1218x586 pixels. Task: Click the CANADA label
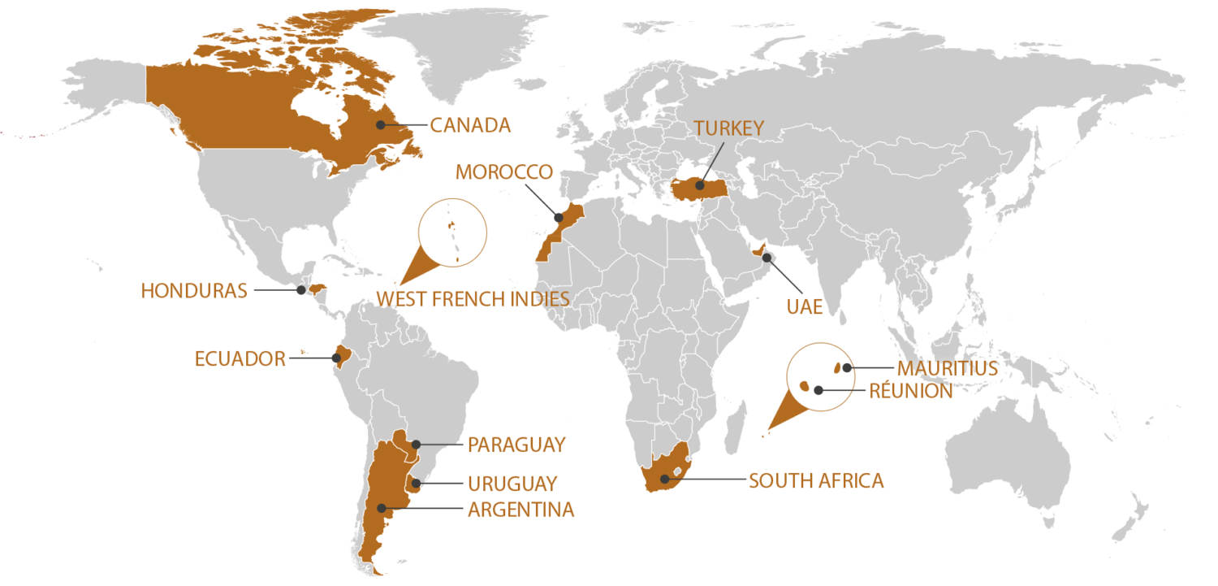click(x=470, y=125)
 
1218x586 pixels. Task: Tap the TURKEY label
click(x=728, y=128)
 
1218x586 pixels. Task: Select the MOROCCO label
click(x=503, y=172)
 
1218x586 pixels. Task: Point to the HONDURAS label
click(x=194, y=291)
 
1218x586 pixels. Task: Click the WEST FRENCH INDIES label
click(x=473, y=299)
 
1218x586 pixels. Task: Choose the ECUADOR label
click(x=240, y=358)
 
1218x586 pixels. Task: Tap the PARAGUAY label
click(x=516, y=445)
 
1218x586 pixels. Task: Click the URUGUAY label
click(x=512, y=484)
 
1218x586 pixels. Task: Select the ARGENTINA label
click(x=520, y=510)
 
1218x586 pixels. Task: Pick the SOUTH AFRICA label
click(x=816, y=480)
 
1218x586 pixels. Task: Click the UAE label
click(x=805, y=306)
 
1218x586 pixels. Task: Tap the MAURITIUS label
click(x=947, y=368)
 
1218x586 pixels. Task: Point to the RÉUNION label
click(x=910, y=391)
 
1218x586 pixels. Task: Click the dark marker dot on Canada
click(x=380, y=125)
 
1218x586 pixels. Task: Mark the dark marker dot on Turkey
click(x=699, y=186)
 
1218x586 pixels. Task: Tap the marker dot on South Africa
click(x=665, y=478)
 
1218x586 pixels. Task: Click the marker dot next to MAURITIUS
click(x=847, y=367)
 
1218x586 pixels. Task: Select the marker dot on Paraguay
click(x=415, y=444)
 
